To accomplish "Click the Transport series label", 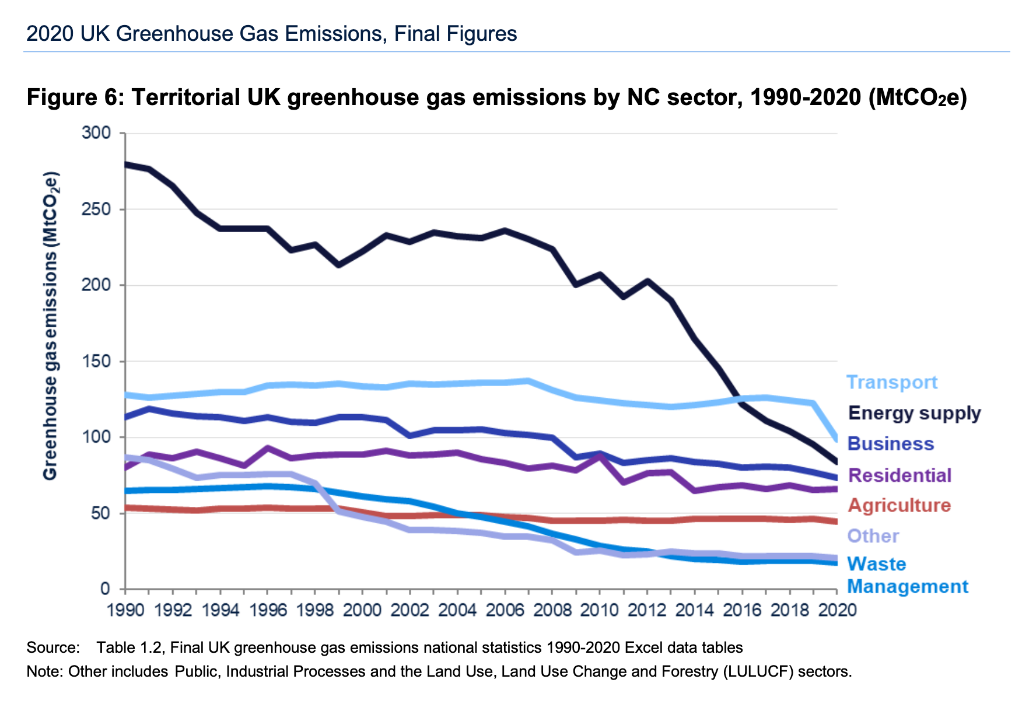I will coord(891,383).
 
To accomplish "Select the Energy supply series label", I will coord(914,413).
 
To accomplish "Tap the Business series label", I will coord(890,444).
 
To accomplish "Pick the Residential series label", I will coord(900,475).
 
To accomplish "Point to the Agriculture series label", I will coord(899,505).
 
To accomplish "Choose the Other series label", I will coord(873,536).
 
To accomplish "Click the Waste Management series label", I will coord(907,575).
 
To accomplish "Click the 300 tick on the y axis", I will coord(96,133).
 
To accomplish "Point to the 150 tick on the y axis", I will coord(96,362).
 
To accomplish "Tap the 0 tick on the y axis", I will coord(105,589).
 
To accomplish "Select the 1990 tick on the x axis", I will coord(125,610).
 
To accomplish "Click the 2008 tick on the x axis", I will coord(552,610).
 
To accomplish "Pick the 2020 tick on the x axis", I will coord(837,610).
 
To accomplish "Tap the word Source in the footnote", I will coord(52,647).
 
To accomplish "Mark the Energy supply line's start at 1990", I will coord(126,164).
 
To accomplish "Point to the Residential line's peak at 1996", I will coord(268,448).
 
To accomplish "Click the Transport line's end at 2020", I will coord(837,439).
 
